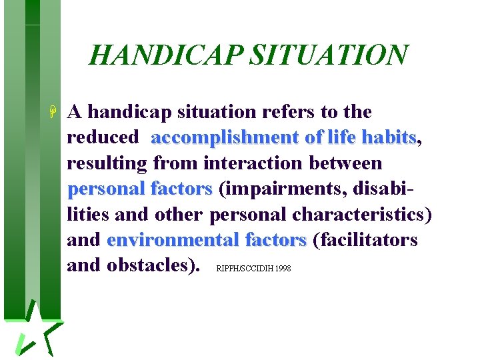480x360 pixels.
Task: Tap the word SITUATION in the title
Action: coord(327,55)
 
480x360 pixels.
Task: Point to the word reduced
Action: coord(103,137)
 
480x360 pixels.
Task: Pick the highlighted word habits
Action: coord(388,137)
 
